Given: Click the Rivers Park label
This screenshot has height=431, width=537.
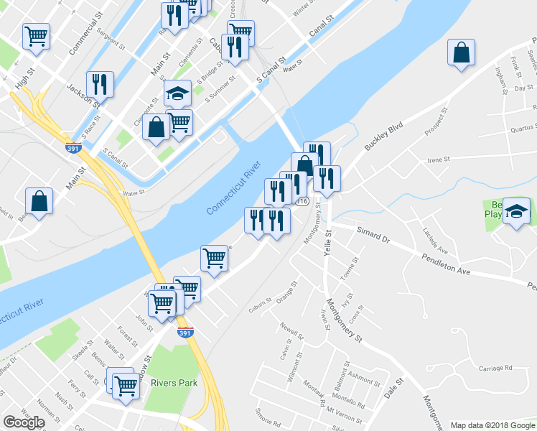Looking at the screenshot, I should [x=174, y=383].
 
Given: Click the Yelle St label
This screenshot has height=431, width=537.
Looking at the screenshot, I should [x=330, y=241].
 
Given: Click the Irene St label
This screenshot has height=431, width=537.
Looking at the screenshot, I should [x=438, y=159].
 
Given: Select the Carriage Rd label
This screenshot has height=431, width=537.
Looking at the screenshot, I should [x=495, y=368].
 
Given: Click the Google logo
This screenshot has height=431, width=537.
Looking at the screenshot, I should [x=24, y=422].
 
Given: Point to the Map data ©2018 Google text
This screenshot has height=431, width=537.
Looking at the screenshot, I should [x=492, y=425].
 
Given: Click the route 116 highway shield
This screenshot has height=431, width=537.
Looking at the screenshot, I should [x=304, y=203].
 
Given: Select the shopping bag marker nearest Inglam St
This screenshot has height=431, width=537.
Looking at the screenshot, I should [x=461, y=53].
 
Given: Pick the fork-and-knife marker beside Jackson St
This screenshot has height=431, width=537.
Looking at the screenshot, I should [x=100, y=84].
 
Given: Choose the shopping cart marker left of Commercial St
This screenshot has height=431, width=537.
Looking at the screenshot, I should [x=36, y=34].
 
